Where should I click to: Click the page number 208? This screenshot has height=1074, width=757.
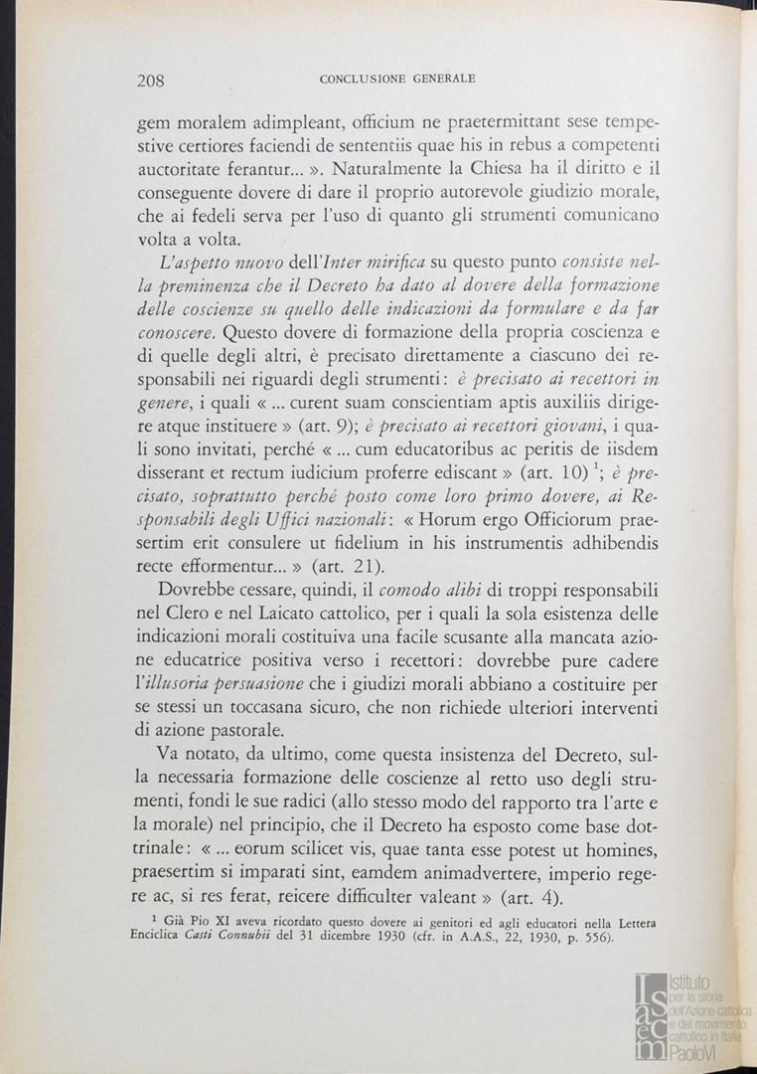150,81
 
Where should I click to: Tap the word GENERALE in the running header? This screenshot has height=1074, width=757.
438,77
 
